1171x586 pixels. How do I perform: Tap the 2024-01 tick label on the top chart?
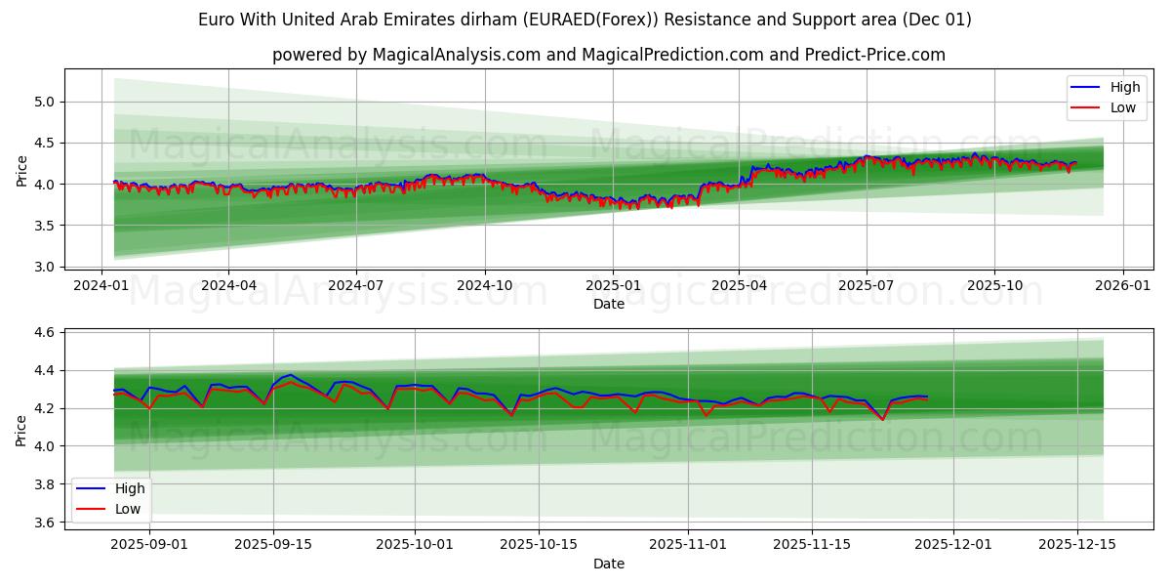(101, 285)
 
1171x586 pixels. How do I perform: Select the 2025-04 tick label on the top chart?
(739, 285)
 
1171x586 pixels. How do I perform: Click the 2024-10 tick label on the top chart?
(485, 285)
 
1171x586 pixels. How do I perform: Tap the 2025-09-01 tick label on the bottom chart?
(149, 543)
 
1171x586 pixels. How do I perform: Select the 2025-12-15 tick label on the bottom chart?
(1076, 543)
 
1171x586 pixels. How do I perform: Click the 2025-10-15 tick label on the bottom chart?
(539, 543)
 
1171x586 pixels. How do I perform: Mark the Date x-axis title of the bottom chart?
(609, 564)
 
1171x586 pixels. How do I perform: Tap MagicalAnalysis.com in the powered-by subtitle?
(456, 55)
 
